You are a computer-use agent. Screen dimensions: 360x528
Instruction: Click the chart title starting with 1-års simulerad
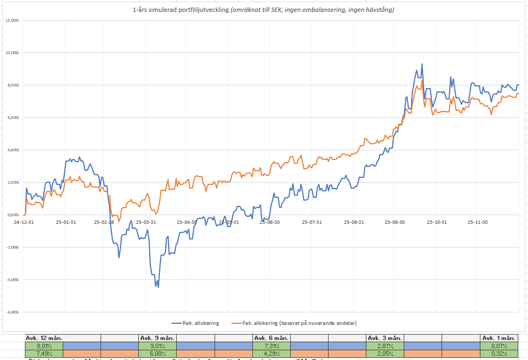[263, 10]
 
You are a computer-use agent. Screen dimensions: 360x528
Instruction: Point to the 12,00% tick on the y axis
[11, 21]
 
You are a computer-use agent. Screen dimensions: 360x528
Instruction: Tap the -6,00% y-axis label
[11, 312]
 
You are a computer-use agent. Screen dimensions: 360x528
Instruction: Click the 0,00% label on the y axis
[12, 215]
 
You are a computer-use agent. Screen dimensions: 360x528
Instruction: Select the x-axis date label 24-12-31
[24, 222]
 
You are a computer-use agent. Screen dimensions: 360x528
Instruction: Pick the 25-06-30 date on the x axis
[270, 222]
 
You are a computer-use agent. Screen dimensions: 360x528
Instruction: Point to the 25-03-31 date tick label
[146, 222]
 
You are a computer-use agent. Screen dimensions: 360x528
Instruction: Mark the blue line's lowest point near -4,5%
[158, 287]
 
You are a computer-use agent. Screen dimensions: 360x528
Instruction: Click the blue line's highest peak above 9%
[422, 64]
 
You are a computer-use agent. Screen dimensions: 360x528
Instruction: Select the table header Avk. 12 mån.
[44, 338]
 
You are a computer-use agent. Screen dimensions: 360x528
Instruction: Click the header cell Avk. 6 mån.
[271, 338]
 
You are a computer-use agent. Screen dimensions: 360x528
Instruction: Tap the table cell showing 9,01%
[157, 345]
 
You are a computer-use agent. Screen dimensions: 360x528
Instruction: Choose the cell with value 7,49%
[44, 353]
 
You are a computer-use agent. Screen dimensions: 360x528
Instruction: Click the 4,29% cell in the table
[271, 353]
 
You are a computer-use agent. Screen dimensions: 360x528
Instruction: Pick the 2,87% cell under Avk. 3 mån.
[385, 345]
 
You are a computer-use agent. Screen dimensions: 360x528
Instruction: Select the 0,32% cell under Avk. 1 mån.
[499, 353]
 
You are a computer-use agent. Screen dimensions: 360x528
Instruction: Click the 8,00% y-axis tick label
[12, 85]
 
